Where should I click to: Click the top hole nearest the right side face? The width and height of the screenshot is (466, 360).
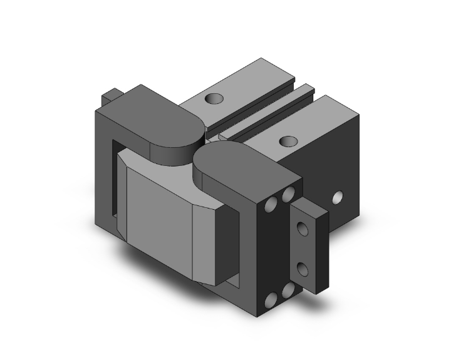coord(288,140)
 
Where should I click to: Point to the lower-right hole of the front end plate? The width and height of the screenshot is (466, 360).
coord(289,291)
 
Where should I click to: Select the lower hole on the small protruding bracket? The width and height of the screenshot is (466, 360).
coord(305,270)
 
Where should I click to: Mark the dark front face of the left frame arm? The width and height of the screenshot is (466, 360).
coord(103,169)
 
